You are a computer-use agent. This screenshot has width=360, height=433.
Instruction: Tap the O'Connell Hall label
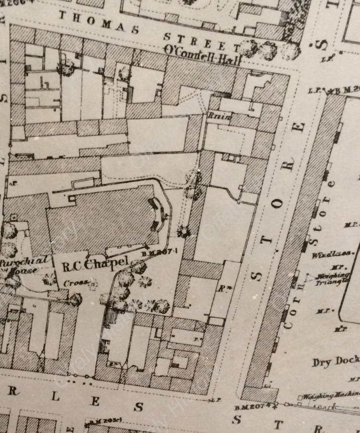202,49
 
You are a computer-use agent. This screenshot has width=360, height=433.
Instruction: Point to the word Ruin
220,116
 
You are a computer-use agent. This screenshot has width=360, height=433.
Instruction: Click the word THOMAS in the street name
99,21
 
